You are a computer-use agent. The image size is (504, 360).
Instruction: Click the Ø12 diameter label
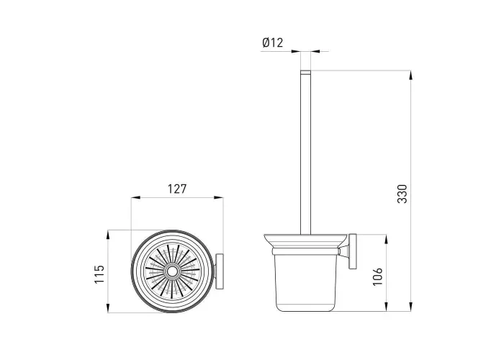(x=273, y=42)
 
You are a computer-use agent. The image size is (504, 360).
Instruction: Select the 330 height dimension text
(x=402, y=194)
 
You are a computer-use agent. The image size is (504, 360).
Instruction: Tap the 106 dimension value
(x=378, y=276)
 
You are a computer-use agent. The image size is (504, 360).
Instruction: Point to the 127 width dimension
(x=177, y=189)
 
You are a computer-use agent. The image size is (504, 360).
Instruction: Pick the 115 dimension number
(x=99, y=274)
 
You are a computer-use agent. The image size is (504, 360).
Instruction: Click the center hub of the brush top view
(x=172, y=271)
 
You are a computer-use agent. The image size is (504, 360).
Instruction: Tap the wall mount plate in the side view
(x=353, y=251)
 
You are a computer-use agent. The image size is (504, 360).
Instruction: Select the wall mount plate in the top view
(x=220, y=271)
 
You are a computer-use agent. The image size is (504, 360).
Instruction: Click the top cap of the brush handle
(x=306, y=72)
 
